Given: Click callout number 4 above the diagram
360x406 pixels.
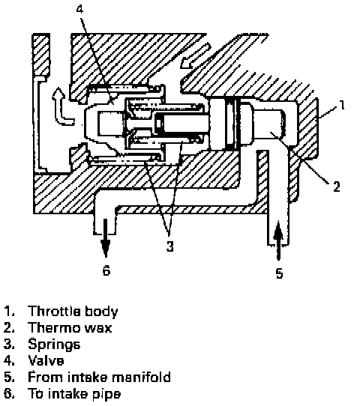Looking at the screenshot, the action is click(x=79, y=9).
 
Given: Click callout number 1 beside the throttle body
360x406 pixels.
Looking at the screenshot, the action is click(x=342, y=105).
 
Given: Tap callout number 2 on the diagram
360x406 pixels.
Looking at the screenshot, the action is click(x=337, y=187).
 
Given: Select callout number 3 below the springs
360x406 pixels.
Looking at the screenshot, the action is click(x=169, y=246).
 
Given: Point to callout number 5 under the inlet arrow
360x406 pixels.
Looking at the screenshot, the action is click(x=279, y=273).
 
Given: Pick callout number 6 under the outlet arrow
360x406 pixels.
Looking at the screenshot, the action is click(x=106, y=270).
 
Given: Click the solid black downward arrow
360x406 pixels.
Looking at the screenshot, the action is click(x=106, y=238).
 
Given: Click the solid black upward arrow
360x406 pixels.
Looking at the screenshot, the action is click(x=278, y=240).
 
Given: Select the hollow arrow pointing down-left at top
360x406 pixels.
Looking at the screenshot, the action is click(x=196, y=56).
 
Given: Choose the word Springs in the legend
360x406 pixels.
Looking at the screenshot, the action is click(x=54, y=345).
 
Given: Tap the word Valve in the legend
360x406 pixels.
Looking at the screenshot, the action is click(x=46, y=361).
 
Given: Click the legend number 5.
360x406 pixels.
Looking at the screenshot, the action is click(x=8, y=378).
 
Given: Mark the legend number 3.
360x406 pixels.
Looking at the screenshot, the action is click(x=8, y=345).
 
